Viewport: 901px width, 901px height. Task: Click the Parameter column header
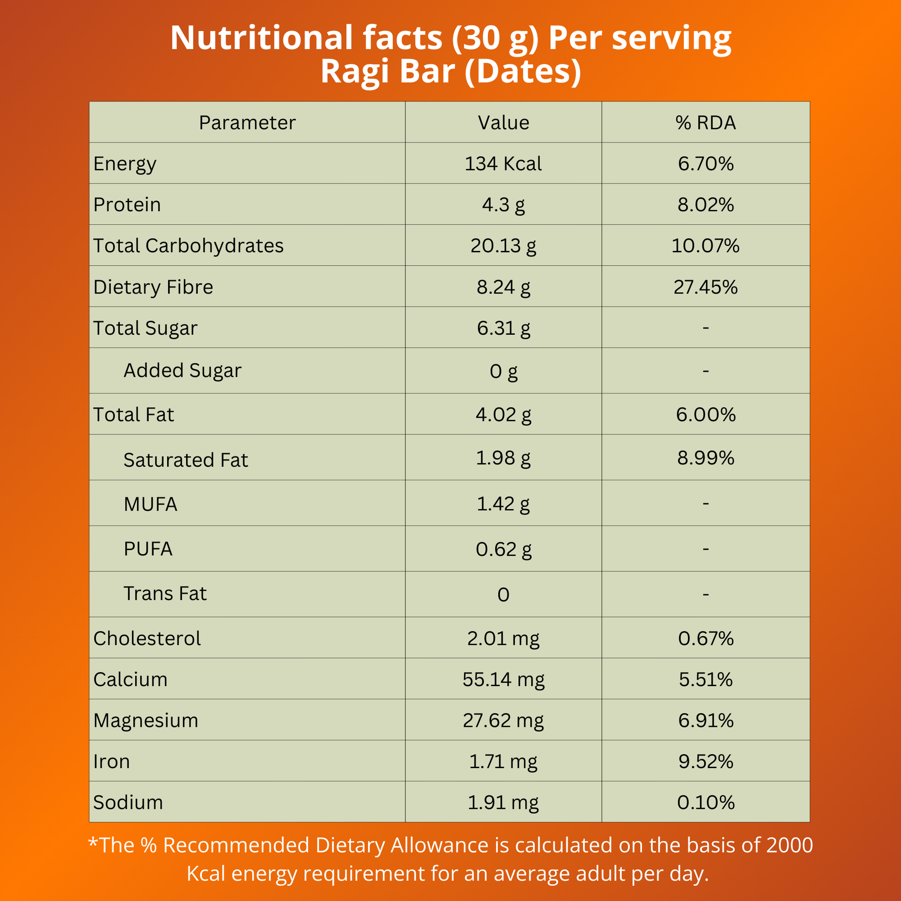coord(247,123)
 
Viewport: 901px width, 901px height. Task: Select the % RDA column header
coord(706,123)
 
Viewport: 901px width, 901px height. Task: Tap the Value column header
coord(503,123)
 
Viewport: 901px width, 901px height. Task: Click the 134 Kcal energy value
coord(503,164)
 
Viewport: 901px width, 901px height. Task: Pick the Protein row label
coord(127,205)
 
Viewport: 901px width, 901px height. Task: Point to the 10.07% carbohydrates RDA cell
coord(706,246)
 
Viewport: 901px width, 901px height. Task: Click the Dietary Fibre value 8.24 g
coord(503,287)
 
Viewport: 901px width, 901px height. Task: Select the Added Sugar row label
coord(182,370)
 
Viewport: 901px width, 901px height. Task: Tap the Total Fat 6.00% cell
coord(706,414)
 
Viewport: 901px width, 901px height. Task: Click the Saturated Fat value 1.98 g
coord(503,457)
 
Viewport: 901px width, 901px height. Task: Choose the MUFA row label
coord(150,504)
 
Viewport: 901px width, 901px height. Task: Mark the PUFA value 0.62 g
coord(503,549)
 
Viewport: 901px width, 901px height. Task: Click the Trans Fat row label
coord(165,594)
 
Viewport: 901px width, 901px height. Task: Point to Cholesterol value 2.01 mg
coord(503,638)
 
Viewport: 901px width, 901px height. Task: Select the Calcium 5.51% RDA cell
coord(706,679)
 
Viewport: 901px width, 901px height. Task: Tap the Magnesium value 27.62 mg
coord(503,720)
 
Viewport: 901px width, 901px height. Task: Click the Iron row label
coord(112,761)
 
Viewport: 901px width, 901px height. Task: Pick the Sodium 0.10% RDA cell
coord(706,802)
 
